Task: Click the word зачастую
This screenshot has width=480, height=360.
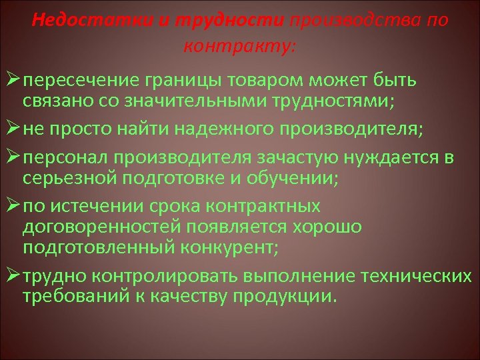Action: coord(291,159)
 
